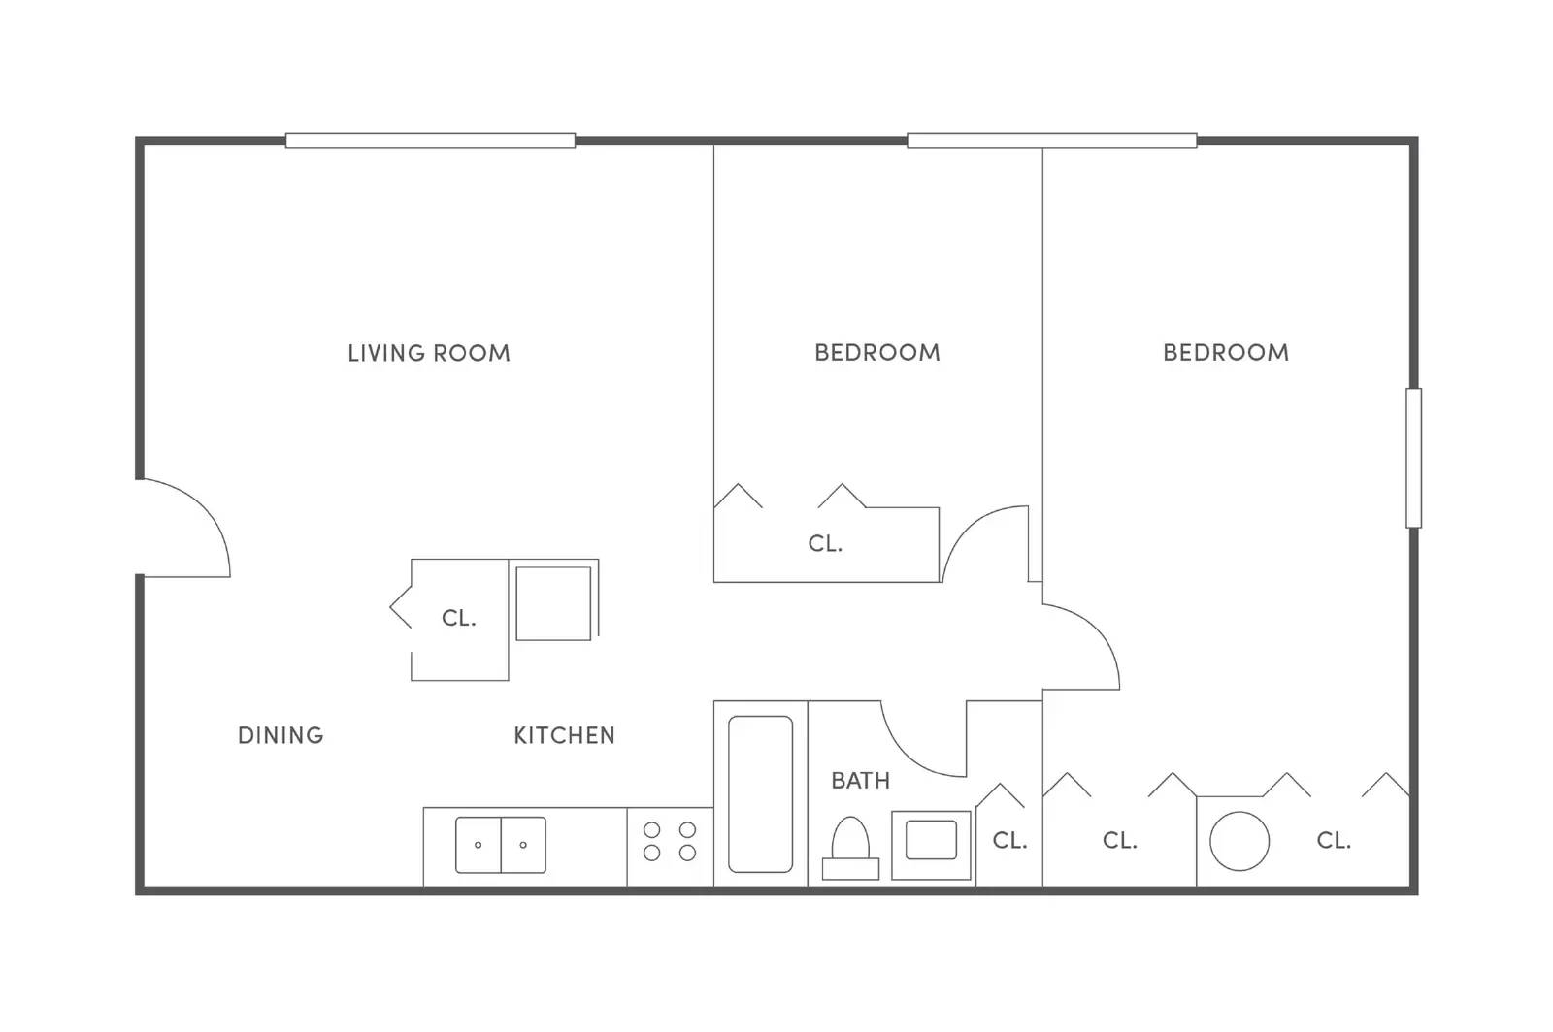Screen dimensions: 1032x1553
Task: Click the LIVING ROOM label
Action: pos(429,353)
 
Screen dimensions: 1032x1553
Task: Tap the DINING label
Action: pos(281,735)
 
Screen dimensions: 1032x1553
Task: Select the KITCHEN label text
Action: pos(564,735)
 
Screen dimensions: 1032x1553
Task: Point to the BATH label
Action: pos(860,781)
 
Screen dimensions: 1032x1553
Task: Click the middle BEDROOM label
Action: pos(876,352)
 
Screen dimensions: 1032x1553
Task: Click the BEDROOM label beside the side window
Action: pos(1225,352)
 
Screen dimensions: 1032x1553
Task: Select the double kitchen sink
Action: pos(501,845)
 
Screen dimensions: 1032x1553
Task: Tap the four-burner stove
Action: pos(670,841)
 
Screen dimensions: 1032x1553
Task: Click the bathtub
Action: pos(760,793)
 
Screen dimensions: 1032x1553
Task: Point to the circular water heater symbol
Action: pos(1239,841)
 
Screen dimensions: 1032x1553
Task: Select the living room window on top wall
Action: pos(430,141)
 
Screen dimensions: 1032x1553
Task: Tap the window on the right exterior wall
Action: pos(1413,458)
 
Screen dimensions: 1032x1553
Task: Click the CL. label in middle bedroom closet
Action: pos(825,544)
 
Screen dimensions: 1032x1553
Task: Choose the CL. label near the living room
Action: pos(458,618)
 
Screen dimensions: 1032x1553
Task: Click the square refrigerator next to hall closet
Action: pos(553,603)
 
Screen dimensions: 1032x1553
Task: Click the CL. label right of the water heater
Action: pos(1333,841)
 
